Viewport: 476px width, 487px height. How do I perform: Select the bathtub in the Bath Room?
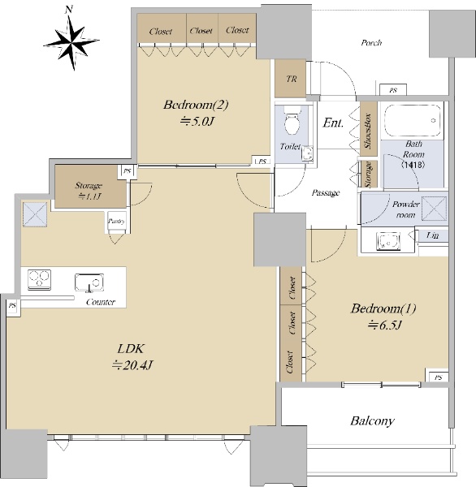click(x=413, y=120)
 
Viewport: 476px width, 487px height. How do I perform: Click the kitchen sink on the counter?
click(x=89, y=282)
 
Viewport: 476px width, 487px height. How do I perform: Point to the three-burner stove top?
click(x=40, y=279)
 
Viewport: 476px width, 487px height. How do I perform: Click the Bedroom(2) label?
click(x=196, y=105)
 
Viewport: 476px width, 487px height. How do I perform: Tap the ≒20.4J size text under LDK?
click(x=132, y=365)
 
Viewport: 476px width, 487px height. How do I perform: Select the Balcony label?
click(x=372, y=421)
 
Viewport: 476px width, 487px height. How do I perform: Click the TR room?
click(x=290, y=78)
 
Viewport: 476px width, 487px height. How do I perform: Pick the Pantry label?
click(x=117, y=221)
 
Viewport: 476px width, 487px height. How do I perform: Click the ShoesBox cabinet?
click(x=369, y=128)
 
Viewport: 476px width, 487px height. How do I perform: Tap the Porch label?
click(x=371, y=42)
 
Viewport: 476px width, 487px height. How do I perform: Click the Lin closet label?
click(x=432, y=235)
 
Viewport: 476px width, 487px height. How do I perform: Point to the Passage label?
click(x=326, y=193)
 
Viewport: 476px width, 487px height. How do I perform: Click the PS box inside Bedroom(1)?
click(x=437, y=376)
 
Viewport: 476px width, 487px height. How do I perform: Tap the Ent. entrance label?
click(x=333, y=123)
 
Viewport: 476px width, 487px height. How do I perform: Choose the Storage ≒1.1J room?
click(x=90, y=186)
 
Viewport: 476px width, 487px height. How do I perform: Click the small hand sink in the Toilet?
click(x=307, y=153)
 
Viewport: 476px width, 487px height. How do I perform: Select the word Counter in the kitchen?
click(x=101, y=302)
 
